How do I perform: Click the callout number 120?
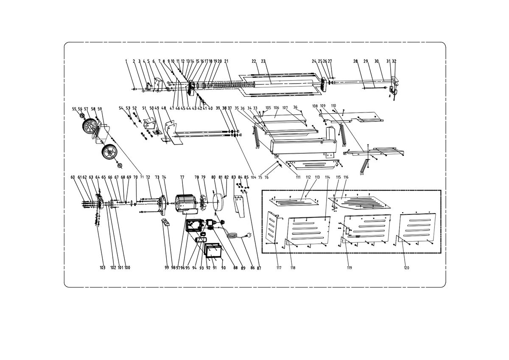pos(406,268)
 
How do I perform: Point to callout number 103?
pos(102,268)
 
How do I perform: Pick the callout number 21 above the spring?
pos(226,61)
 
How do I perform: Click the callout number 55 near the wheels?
pos(74,109)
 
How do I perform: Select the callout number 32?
pos(394,61)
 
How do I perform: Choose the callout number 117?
pos(279,268)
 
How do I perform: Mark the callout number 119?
pos(350,268)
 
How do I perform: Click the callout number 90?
pos(223,268)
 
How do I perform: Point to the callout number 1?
pos(126,61)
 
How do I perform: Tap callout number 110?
pos(333,105)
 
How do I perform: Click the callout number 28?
pos(355,61)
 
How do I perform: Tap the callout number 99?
pos(167,268)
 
